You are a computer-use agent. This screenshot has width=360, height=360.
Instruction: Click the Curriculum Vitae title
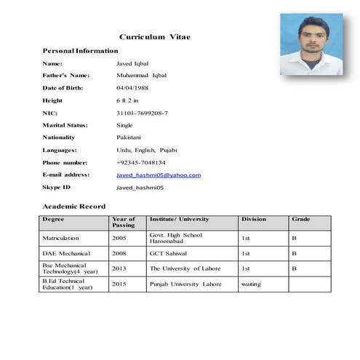point(155,36)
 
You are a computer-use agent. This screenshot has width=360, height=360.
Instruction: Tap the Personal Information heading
point(80,51)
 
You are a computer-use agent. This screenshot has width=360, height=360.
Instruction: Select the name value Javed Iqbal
point(132,63)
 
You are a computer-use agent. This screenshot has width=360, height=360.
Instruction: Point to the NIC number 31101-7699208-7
point(142,113)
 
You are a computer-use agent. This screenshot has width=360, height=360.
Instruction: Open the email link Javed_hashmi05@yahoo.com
point(159,175)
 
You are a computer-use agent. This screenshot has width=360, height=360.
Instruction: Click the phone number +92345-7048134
point(141,162)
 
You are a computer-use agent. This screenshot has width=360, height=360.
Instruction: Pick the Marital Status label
point(65,125)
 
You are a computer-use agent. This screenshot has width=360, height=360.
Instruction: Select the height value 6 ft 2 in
point(132,100)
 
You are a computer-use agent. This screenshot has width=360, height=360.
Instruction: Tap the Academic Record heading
point(74,207)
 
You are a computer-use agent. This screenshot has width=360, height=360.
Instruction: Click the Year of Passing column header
point(124,223)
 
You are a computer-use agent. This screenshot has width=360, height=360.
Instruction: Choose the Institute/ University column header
point(179,219)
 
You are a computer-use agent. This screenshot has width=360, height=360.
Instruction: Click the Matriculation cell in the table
point(65,238)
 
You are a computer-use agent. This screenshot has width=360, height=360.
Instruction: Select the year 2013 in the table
point(119,268)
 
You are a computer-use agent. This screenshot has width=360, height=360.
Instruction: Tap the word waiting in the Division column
point(251,284)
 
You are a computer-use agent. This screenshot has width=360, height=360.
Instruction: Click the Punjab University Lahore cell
point(185,284)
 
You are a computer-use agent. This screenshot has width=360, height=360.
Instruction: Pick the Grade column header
point(300,219)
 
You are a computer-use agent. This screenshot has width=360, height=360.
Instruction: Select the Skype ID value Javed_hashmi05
point(140,188)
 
